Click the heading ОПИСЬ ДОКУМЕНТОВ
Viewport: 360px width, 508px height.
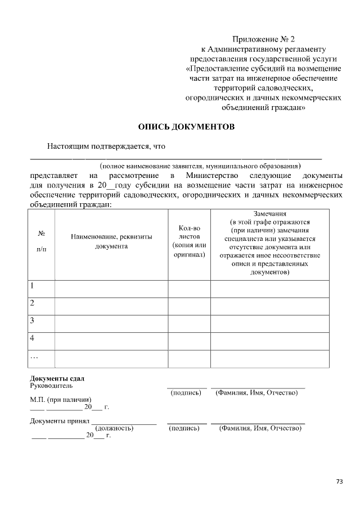tap(186, 127)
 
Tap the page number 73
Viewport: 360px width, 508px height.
tap(339, 481)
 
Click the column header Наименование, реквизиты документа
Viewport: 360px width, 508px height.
tap(111, 241)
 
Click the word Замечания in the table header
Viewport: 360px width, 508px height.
tap(270, 214)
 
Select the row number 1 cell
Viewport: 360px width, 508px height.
tap(41, 288)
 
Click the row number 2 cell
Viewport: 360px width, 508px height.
tap(41, 305)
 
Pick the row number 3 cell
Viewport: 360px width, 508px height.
tap(41, 323)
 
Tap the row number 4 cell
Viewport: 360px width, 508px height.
tap(41, 340)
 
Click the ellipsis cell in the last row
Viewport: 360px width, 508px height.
tap(41, 358)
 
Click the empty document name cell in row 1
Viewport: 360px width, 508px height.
tap(111, 288)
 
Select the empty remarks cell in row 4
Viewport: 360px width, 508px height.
tap(270, 340)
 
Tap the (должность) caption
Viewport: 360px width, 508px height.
tap(114, 428)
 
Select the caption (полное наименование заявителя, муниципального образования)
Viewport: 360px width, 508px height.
tap(200, 166)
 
